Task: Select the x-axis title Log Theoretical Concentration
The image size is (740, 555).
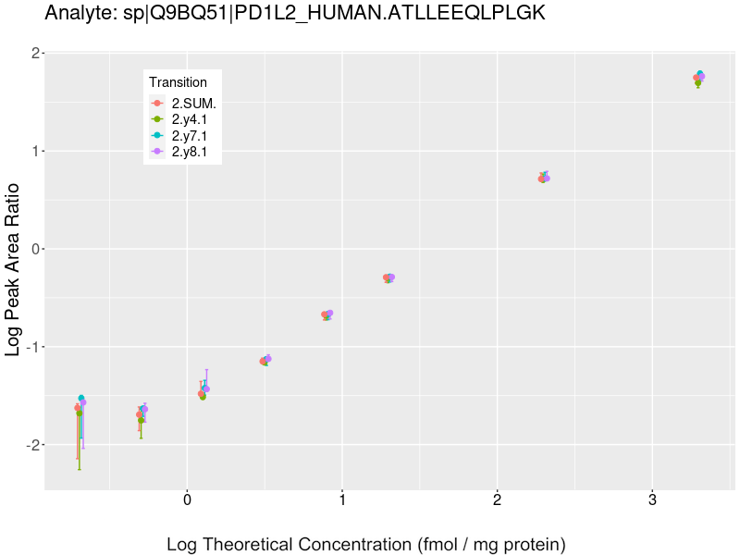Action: pyautogui.click(x=365, y=544)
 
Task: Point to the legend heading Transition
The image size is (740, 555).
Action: pyautogui.click(x=178, y=82)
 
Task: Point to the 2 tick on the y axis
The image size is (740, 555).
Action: pyautogui.click(x=35, y=54)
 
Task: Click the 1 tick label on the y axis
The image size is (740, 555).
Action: pyautogui.click(x=35, y=152)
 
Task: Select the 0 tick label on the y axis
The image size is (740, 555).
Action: pyautogui.click(x=35, y=249)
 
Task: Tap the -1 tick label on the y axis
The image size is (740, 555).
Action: pyautogui.click(x=32, y=347)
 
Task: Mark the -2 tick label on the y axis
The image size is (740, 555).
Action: pyautogui.click(x=32, y=445)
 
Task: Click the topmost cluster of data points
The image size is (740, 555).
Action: pyautogui.click(x=699, y=78)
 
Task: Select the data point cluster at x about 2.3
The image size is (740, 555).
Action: pyautogui.click(x=544, y=178)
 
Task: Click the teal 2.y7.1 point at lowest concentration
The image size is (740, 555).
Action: pyautogui.click(x=81, y=398)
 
